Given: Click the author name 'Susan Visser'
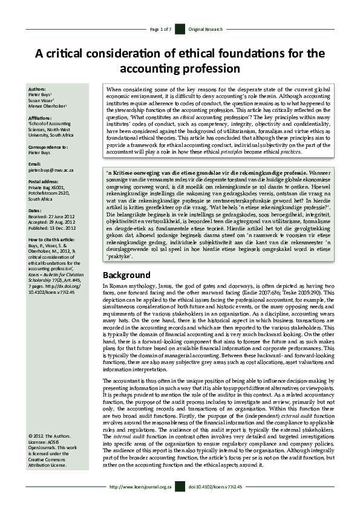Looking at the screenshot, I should coord(42,100).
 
